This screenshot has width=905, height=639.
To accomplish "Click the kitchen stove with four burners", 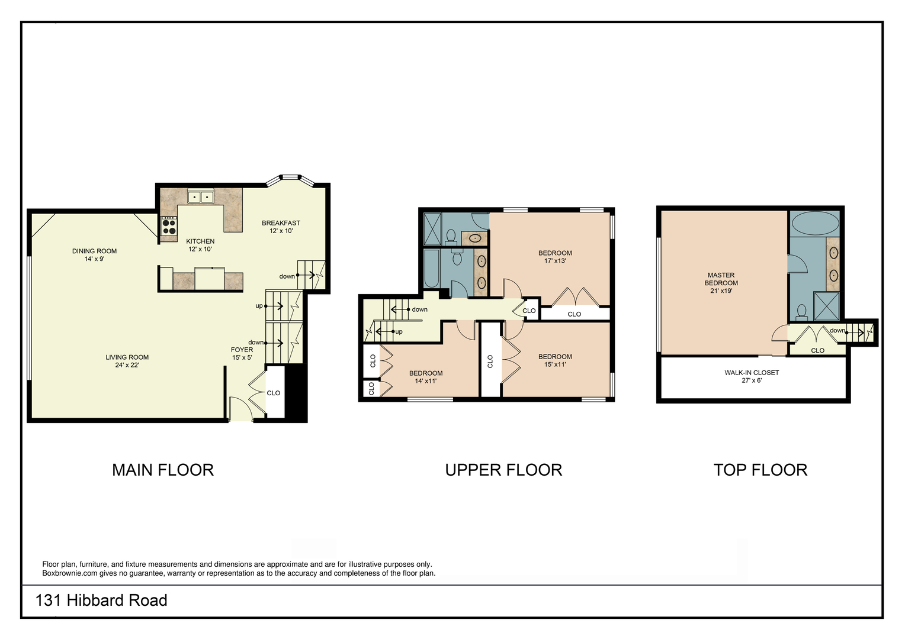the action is coord(169,226).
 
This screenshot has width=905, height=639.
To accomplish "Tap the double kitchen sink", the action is coord(200,197).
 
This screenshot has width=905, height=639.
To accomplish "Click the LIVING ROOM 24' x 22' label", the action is coord(127,361).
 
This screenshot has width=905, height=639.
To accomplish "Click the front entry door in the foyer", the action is coord(241,408).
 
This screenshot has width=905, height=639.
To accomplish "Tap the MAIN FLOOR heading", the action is coord(163,470).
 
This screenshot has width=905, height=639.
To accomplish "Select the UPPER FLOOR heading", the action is coord(504,470).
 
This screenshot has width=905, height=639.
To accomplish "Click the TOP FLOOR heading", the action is coord(760,470).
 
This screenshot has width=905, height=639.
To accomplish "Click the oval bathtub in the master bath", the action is coord(815,223).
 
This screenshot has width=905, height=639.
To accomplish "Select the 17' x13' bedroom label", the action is coord(555,257).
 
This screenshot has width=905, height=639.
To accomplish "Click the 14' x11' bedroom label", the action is coord(426,377).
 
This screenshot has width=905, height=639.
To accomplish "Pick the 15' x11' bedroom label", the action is coord(555,360).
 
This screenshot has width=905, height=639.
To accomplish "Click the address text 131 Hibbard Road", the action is coord(101,601).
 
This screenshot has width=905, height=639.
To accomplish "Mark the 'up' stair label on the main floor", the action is coord(259,306).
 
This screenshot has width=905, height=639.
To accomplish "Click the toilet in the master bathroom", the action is coord(801,312).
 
